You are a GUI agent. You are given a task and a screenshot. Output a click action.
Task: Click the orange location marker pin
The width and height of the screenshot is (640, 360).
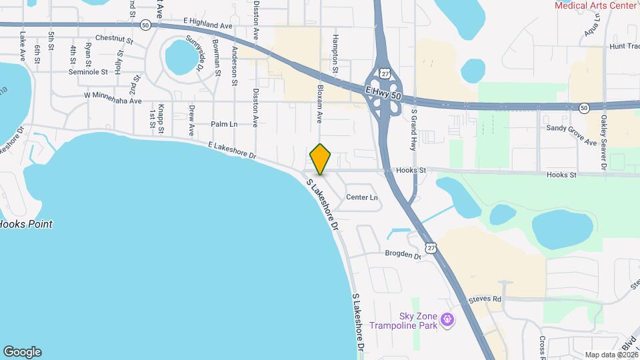(x=321, y=159)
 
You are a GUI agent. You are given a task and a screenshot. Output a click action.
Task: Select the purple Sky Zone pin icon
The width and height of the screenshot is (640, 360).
(x=449, y=321)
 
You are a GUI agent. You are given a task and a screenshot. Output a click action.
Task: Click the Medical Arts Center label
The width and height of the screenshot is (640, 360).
(x=595, y=5)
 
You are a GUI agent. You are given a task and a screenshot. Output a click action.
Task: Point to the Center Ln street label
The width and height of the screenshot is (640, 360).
(x=362, y=197)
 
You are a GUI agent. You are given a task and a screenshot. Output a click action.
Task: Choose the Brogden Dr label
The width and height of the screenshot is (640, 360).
(x=403, y=255)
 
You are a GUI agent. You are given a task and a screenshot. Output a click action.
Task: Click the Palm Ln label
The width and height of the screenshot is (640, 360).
(x=224, y=124)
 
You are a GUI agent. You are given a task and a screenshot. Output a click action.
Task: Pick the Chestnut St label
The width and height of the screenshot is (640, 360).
(x=115, y=38)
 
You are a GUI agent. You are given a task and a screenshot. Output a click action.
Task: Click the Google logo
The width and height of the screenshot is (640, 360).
(x=22, y=352)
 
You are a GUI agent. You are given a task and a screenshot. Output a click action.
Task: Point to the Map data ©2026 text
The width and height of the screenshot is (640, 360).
(x=611, y=355)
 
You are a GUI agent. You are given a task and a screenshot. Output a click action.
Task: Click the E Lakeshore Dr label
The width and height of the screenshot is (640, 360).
(x=232, y=149)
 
